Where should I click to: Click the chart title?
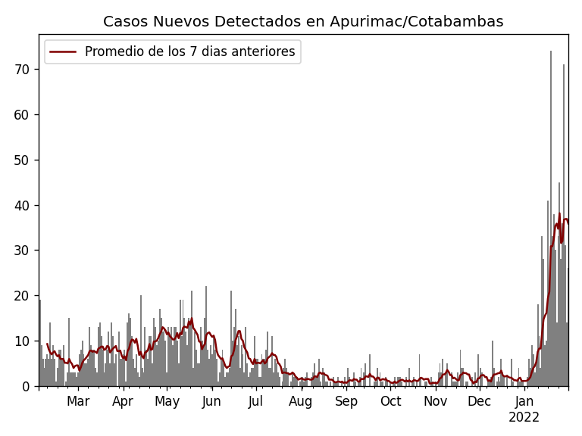coord(303,22)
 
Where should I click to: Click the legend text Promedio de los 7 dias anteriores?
coord(189,52)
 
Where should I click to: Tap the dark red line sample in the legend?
coord(64,52)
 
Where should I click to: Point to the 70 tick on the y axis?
coord(23,70)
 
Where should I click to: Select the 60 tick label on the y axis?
coord(23,115)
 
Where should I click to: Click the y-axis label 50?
coord(23,160)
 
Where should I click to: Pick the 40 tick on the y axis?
coord(23,205)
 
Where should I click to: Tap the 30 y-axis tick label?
coord(23,251)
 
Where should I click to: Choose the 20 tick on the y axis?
coord(23,296)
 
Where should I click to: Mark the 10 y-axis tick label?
coord(23,341)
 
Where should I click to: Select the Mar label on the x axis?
coord(78,401)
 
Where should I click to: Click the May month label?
coord(167,401)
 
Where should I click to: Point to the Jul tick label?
coord(256,401)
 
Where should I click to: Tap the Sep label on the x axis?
coord(346,401)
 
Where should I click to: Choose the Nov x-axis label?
coord(435,401)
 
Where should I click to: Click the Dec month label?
coord(479,401)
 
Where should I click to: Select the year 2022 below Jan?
coord(524,417)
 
